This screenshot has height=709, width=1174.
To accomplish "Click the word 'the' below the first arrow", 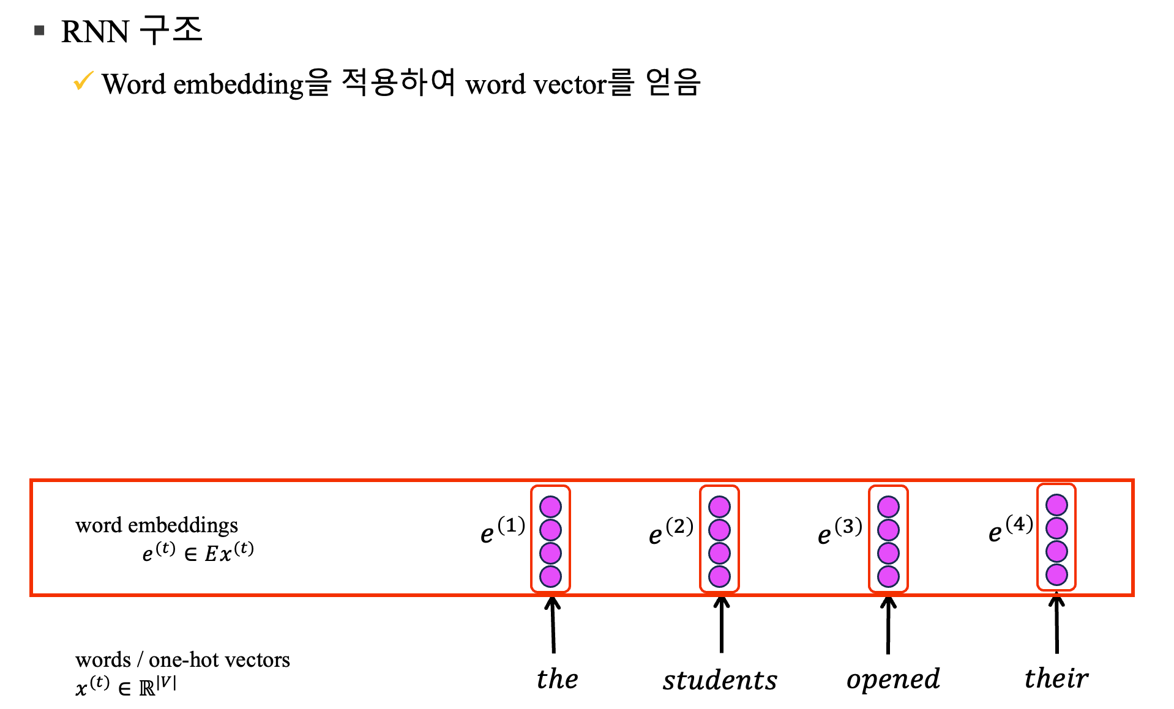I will [557, 679].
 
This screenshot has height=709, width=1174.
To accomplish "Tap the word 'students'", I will [720, 680].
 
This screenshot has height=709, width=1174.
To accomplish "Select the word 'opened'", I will [893, 680].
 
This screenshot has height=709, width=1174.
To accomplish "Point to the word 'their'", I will [1056, 678].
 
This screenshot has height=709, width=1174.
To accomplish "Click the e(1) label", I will [502, 530].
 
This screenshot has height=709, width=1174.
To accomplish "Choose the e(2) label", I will [670, 530].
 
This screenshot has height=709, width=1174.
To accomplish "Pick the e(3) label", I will [839, 530].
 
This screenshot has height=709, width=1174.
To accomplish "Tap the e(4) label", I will [1010, 528].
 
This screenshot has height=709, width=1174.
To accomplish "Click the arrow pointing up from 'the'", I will [553, 625].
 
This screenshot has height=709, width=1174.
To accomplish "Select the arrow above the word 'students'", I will [722, 625].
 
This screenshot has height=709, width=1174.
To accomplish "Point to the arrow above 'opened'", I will [888, 625].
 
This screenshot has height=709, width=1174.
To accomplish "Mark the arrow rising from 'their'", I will [1056, 625].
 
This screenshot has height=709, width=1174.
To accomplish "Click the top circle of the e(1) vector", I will [550, 507].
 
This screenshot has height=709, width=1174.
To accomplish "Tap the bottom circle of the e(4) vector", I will [1056, 574].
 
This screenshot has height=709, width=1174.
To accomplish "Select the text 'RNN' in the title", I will [95, 32].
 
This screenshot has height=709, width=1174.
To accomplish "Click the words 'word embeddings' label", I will [156, 525].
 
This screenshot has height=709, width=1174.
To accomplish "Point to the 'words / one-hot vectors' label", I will [182, 659].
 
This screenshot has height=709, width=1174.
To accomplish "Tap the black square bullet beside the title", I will [40, 31].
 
